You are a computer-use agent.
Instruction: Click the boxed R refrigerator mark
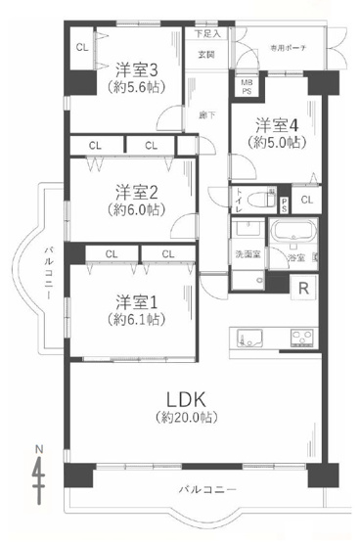point(305,288)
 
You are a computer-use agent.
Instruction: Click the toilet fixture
point(260,201)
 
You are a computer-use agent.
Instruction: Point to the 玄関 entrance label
point(205,55)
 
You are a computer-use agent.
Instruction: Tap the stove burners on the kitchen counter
point(298,339)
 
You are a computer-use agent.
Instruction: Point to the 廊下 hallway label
point(205,115)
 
